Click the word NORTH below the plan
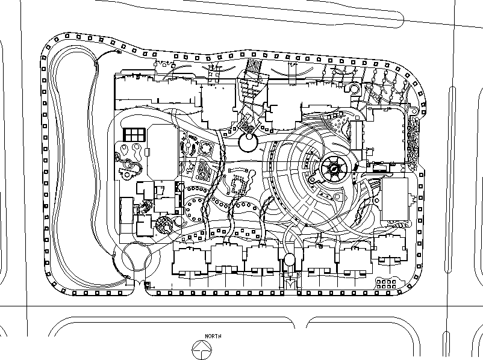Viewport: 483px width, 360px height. click(213, 336)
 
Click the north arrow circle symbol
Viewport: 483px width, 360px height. click(202, 350)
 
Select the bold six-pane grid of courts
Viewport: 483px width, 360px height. click(134, 135)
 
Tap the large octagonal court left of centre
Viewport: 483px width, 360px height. click(163, 152)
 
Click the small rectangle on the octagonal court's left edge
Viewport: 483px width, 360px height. click(147, 152)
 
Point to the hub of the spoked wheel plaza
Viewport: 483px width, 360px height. click(334, 169)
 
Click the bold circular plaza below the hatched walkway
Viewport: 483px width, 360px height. click(248, 142)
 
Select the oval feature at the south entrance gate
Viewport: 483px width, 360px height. click(289, 259)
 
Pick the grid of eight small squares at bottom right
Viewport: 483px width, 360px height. click(386, 284)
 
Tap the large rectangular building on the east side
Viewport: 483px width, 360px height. click(394, 199)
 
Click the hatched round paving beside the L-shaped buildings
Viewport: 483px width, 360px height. click(164, 225)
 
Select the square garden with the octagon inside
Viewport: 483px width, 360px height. click(205, 148)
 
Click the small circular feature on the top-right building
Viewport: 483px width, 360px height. click(354, 89)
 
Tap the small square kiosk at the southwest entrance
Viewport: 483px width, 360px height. click(148, 285)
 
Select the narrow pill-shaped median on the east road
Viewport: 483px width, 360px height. click(449, 179)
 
